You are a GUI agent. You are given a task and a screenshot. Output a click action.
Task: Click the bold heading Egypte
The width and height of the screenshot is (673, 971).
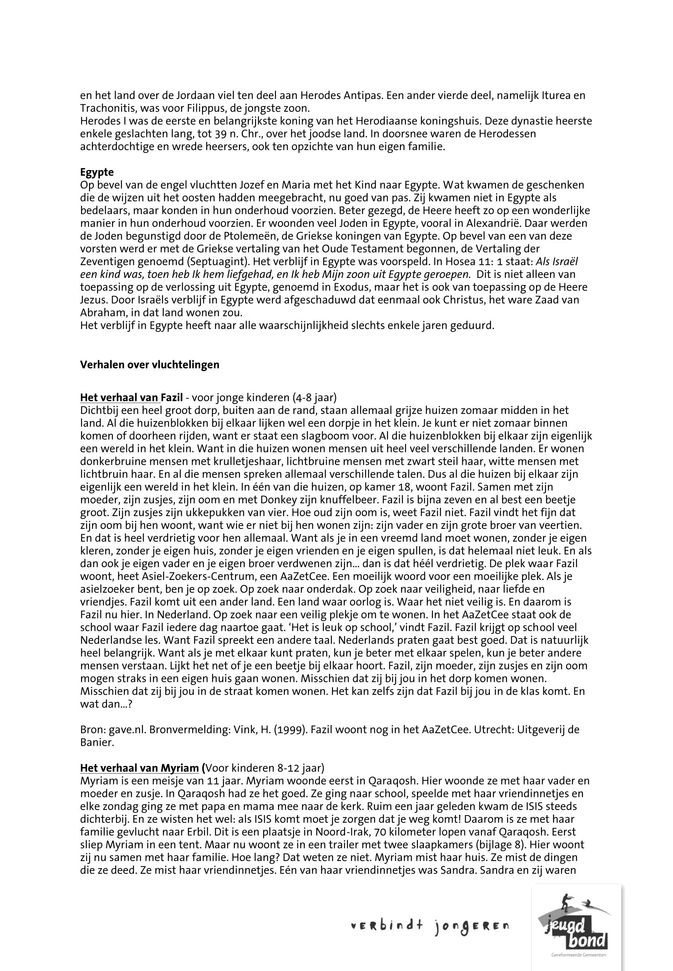tap(97, 172)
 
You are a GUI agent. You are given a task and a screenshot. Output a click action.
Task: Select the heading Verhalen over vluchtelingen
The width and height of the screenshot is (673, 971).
tap(150, 365)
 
